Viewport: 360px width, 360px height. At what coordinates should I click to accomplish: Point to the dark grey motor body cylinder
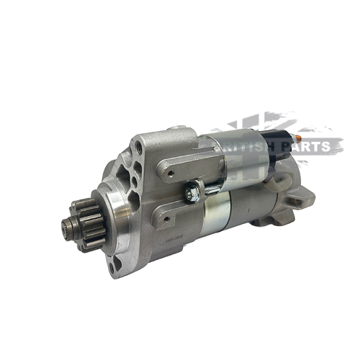(x=245, y=209)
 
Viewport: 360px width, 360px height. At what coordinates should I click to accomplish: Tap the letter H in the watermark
(x=267, y=147)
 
